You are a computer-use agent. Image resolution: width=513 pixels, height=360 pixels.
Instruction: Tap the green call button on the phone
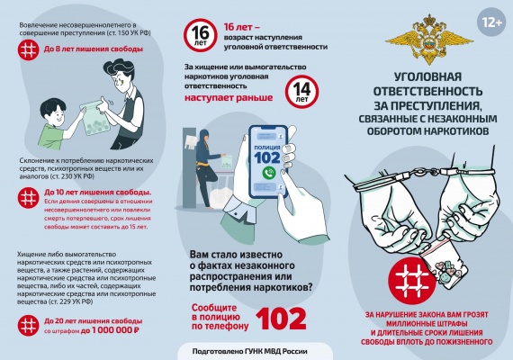268,170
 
